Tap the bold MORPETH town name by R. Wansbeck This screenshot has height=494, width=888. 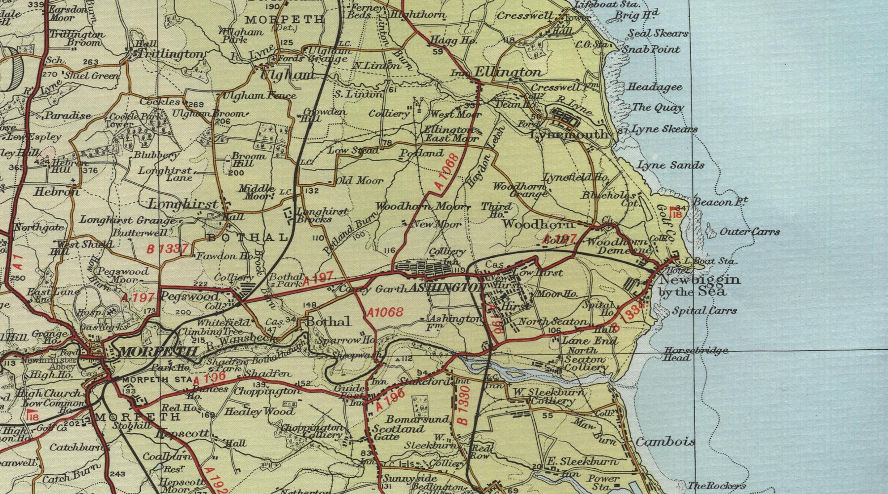158,352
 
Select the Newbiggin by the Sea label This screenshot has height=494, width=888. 700,286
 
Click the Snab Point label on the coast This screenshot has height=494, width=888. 651,49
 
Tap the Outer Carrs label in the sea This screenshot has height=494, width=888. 750,231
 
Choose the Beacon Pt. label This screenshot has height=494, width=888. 721,201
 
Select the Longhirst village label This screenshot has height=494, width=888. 183,204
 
